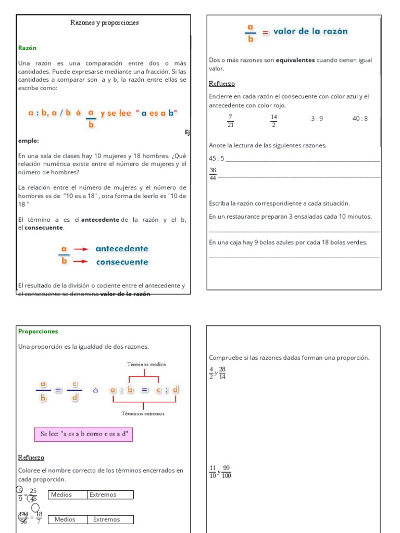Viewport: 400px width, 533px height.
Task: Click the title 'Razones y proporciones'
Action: pyautogui.click(x=104, y=23)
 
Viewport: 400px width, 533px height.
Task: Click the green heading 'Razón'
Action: pyautogui.click(x=27, y=48)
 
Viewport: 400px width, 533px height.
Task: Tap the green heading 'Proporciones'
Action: pyautogui.click(x=38, y=331)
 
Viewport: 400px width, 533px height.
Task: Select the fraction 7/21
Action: pyautogui.click(x=231, y=121)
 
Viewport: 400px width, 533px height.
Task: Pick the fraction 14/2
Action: pyautogui.click(x=273, y=121)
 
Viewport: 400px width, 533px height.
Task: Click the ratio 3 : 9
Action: pyautogui.click(x=317, y=119)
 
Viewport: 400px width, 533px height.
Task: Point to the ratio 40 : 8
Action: pyautogui.click(x=360, y=119)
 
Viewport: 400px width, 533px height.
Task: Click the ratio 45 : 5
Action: pyautogui.click(x=216, y=158)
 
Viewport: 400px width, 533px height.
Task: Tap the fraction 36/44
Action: pyautogui.click(x=213, y=174)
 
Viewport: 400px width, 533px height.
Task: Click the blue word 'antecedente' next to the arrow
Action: pyautogui.click(x=122, y=249)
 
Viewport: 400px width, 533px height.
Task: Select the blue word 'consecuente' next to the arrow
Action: pyautogui.click(x=122, y=262)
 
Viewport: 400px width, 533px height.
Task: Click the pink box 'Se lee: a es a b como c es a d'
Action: pyautogui.click(x=83, y=434)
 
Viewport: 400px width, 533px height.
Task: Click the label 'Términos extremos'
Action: pyautogui.click(x=143, y=414)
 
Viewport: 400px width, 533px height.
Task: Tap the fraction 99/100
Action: pyautogui.click(x=227, y=472)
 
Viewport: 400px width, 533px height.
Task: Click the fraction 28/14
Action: pyautogui.click(x=222, y=373)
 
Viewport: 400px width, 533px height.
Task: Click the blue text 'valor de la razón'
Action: pyautogui.click(x=310, y=31)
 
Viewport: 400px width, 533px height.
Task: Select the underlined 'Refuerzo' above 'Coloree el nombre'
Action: pyautogui.click(x=31, y=458)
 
